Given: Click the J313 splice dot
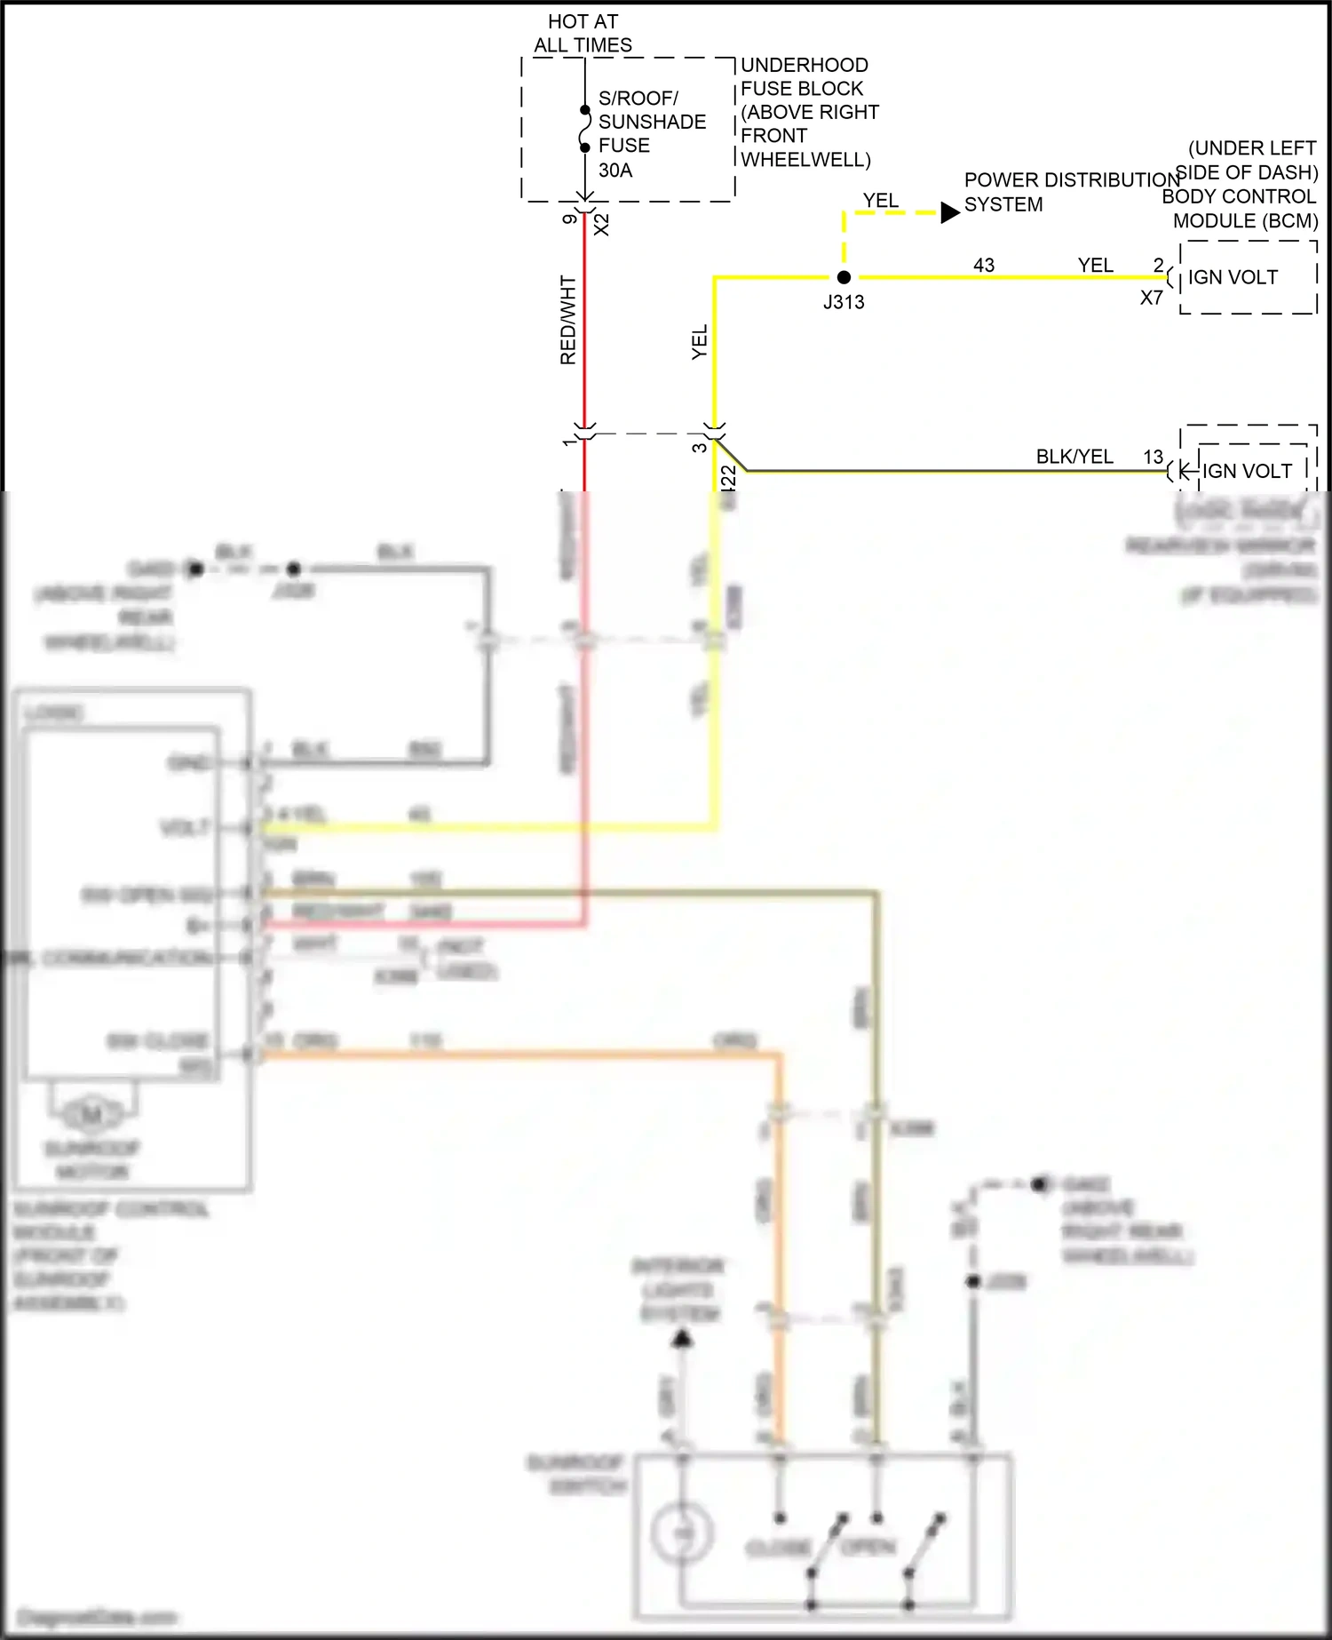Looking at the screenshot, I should (x=844, y=277).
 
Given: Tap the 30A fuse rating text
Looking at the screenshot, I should (x=615, y=170).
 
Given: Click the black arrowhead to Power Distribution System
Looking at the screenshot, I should (x=949, y=212).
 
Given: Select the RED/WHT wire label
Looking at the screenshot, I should (x=568, y=320).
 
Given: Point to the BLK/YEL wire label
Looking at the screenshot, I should (x=1074, y=457).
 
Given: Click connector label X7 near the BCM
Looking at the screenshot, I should (x=1152, y=299).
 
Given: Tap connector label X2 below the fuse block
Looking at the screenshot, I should (x=602, y=224).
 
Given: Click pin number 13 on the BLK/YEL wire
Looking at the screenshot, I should (x=1153, y=457).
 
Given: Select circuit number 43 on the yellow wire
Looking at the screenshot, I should (x=984, y=265).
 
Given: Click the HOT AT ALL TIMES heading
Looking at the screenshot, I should (x=583, y=33).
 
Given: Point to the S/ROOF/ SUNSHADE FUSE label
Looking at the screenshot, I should (x=651, y=122).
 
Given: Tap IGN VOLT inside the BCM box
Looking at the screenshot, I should (x=1233, y=277).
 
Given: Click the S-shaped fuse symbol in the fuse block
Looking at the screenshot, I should (x=584, y=129).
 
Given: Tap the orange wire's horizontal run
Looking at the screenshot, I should (x=515, y=1055).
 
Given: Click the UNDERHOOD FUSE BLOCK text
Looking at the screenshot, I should (x=803, y=77).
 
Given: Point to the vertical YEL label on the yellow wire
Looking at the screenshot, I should (x=700, y=342).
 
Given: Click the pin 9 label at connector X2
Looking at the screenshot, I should (x=569, y=219).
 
